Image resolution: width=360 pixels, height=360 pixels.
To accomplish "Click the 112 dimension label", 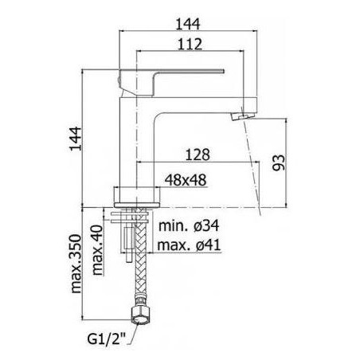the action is tap(190, 44).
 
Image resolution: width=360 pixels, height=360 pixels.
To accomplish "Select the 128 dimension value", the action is tap(198, 155).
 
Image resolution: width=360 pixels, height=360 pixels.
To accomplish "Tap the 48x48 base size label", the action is tap(186, 180).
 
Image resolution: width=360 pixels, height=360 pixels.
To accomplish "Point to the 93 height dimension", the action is tap(279, 162).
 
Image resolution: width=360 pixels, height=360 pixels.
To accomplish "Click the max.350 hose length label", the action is tap(76, 264).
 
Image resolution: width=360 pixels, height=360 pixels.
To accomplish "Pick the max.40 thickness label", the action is tap(97, 250).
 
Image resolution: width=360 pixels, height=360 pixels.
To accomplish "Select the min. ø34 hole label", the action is tap(189, 226).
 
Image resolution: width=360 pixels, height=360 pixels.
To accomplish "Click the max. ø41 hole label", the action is tap(189, 245).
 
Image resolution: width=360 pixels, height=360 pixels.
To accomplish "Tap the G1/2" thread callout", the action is tap(106, 339).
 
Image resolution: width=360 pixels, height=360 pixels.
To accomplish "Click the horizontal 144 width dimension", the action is tap(188, 24).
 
